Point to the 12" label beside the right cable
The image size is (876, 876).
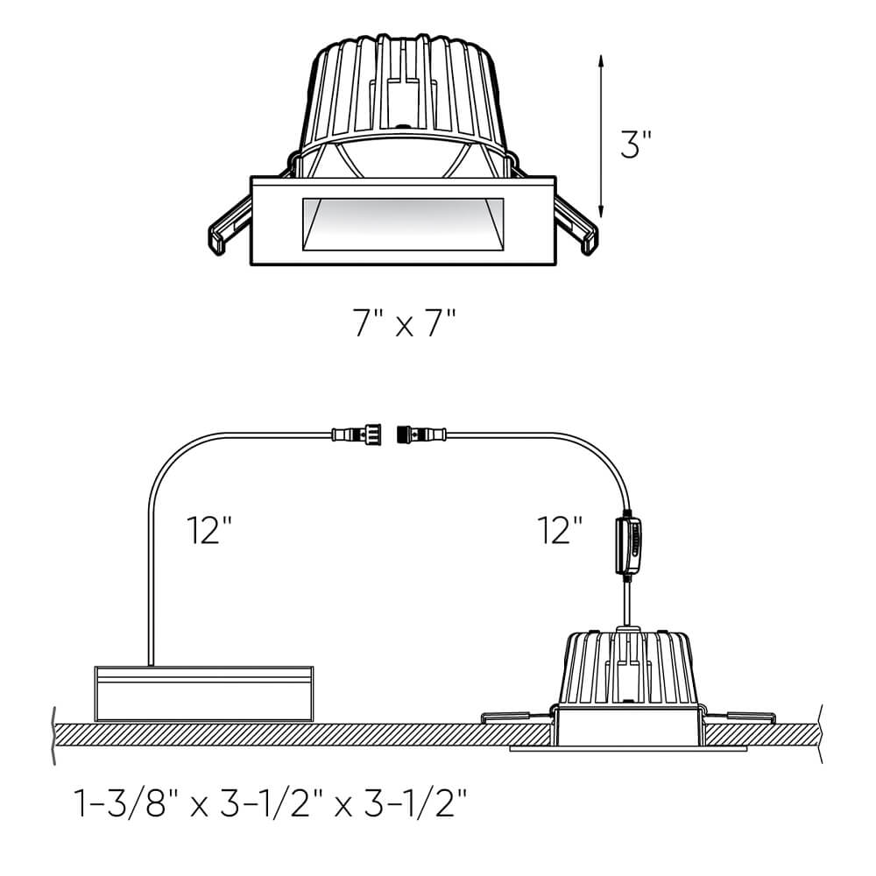point(562,530)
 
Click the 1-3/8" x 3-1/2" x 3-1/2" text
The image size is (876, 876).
point(272,802)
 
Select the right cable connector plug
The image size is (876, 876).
point(421,433)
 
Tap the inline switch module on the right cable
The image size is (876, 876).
point(629,545)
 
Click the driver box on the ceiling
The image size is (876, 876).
point(203,692)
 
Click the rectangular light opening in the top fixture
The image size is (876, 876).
point(402,225)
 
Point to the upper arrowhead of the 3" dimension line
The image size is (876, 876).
point(601,60)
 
